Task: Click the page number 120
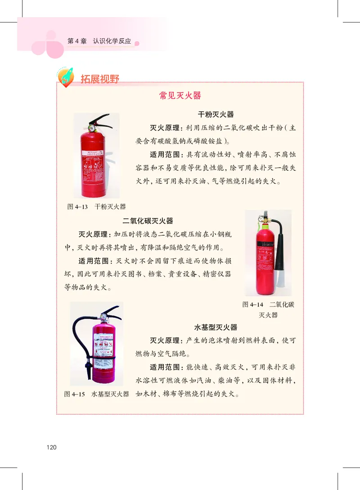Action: (x=51, y=447)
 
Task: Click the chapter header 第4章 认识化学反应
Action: (x=99, y=41)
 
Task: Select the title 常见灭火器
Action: (x=180, y=96)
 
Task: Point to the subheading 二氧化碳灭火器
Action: (x=148, y=221)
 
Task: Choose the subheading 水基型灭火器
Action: (x=216, y=327)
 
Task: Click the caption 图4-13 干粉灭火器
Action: (x=96, y=207)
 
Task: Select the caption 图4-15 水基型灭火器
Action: (x=97, y=394)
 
